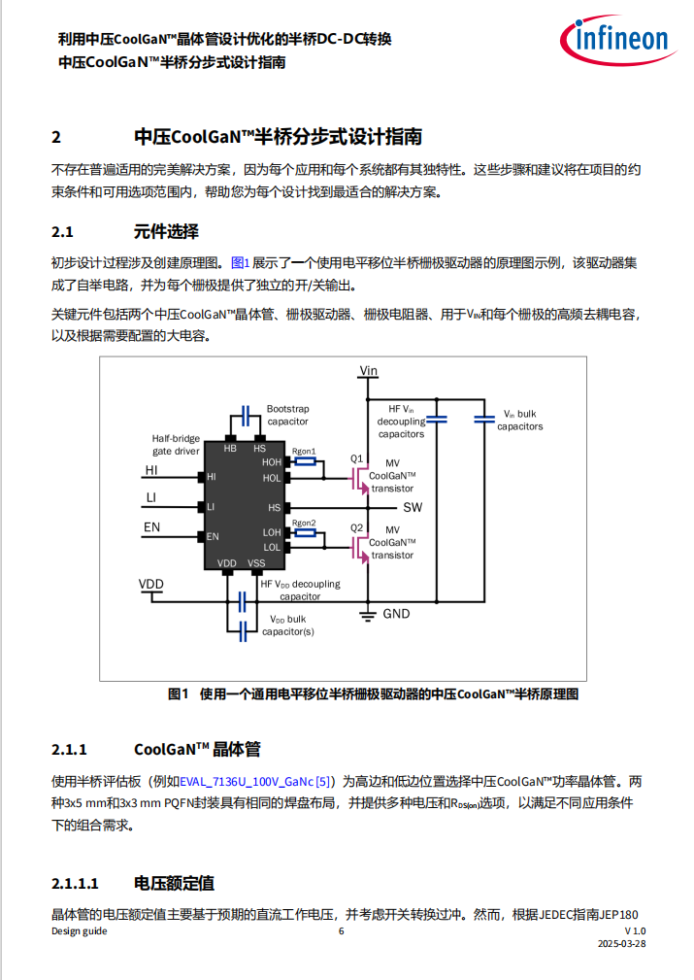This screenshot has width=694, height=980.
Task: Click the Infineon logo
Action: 617,40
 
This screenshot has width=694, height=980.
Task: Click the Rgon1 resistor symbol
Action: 305,462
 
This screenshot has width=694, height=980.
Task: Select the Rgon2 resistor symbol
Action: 305,532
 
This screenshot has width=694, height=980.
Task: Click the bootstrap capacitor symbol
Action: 246,416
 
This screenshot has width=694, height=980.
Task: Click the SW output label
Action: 413,508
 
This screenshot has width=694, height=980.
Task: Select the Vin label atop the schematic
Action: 369,371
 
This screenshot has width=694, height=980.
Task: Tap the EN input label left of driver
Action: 151,526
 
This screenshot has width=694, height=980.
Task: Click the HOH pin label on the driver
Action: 272,462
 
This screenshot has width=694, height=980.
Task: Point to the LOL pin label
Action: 272,548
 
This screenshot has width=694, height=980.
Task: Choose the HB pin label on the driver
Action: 230,448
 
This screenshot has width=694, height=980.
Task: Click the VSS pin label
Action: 257,563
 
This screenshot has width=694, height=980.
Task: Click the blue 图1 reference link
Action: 241,263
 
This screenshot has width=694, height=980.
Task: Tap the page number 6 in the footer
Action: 341,931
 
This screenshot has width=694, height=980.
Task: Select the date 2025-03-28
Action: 621,944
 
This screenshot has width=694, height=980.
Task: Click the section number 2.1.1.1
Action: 75,884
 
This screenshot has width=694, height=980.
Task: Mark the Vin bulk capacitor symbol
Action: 484,420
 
